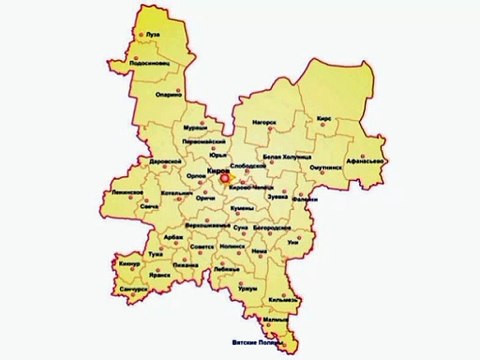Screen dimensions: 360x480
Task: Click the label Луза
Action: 153,34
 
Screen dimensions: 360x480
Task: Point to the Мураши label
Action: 195,128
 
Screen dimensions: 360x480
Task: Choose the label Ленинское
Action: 128,190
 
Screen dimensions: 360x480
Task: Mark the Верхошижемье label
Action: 207,226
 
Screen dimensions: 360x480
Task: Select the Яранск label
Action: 146,270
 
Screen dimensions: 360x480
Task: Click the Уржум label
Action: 248,287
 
